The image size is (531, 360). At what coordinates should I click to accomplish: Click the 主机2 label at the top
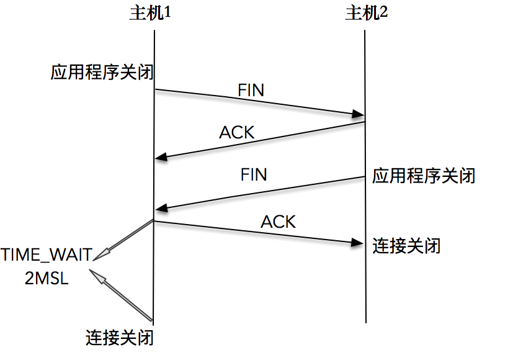[x=366, y=14]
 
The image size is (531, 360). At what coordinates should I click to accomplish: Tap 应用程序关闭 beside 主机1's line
[x=102, y=73]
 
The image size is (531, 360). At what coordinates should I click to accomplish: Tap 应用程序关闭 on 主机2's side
[x=424, y=176]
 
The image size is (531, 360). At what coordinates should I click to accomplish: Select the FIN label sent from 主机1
[x=251, y=90]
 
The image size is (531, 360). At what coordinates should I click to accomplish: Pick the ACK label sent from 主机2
[x=237, y=132]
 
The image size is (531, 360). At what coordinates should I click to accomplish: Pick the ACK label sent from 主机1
[x=278, y=222]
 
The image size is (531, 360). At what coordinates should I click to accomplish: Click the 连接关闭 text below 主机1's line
[x=119, y=338]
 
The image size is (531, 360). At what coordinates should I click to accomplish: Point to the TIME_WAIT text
[x=46, y=255]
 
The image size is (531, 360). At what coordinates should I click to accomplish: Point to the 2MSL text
[x=47, y=279]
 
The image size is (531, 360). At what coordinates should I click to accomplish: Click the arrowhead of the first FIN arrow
[x=358, y=114]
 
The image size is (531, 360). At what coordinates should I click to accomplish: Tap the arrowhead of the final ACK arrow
[x=356, y=243]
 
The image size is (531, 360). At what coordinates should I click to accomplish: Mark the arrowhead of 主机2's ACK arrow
[x=160, y=156]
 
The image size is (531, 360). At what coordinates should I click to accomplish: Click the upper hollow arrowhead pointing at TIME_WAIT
[x=103, y=251]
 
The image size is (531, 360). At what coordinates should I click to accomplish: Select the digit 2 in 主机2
[x=383, y=14]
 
